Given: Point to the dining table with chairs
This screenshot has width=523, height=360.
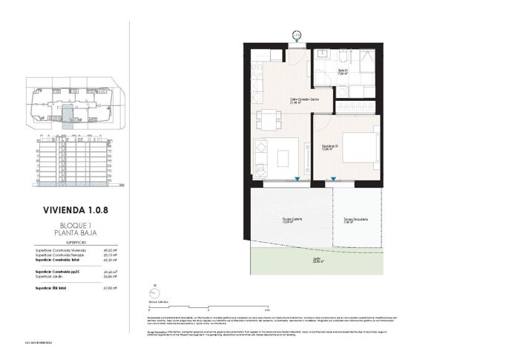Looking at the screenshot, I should point(266,117).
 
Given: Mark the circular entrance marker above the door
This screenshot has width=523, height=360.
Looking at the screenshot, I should point(296,34).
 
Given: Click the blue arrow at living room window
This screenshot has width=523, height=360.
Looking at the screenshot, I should point(297,179).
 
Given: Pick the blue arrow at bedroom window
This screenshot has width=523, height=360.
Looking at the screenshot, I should point(333,179).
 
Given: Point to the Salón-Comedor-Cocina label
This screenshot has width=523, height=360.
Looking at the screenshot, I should point(300,99).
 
